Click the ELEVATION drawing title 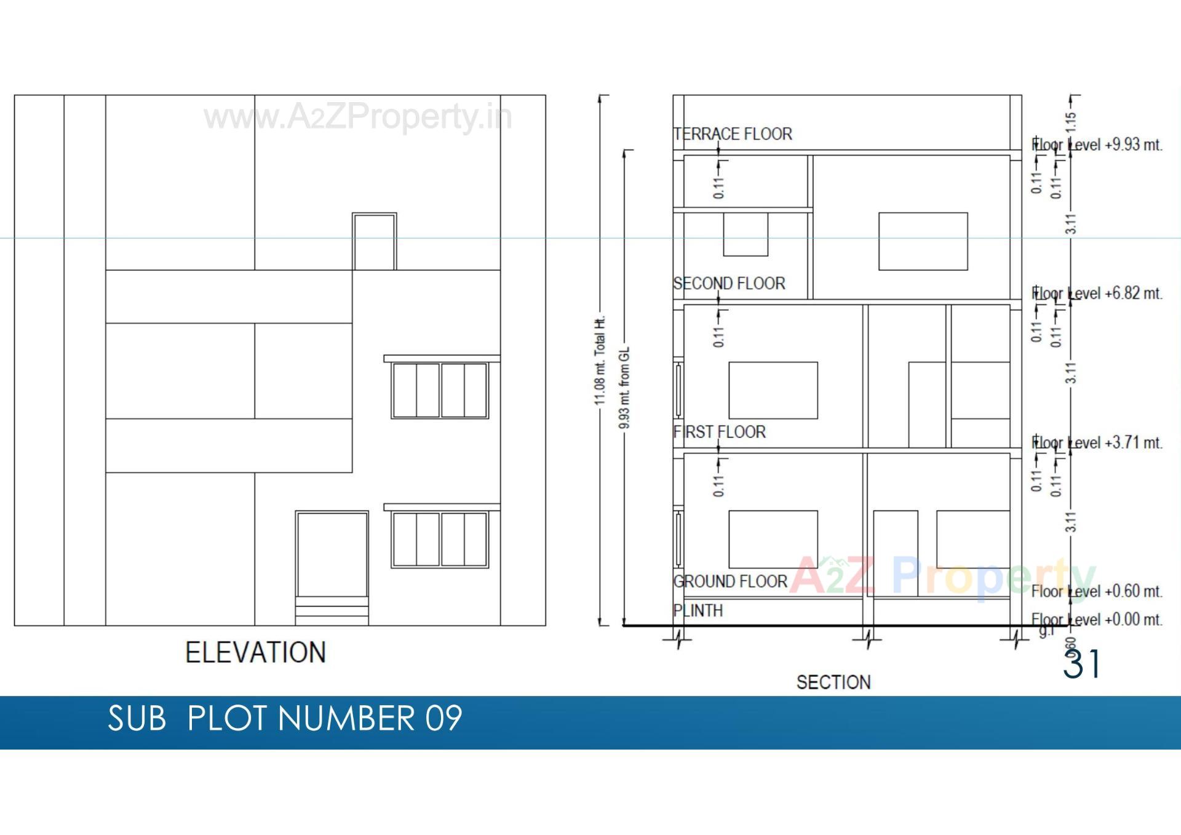tap(255, 652)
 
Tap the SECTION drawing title tap(833, 682)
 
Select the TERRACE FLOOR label tap(733, 134)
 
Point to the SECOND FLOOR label tap(729, 284)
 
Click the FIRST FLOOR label tap(720, 432)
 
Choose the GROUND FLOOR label tap(730, 581)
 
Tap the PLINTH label tap(698, 610)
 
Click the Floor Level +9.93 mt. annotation tap(1097, 145)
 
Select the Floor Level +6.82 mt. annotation tap(1097, 294)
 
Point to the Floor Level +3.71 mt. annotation tap(1097, 443)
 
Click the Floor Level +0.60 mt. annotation tap(1097, 591)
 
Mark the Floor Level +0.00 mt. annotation tap(1097, 620)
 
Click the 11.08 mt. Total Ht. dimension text tap(600, 361)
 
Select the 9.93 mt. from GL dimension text tap(624, 388)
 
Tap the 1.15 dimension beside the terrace tap(1071, 122)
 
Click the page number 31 tap(1082, 665)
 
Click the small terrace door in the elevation tap(374, 242)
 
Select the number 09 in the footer tap(443, 718)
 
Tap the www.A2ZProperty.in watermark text tap(357, 117)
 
